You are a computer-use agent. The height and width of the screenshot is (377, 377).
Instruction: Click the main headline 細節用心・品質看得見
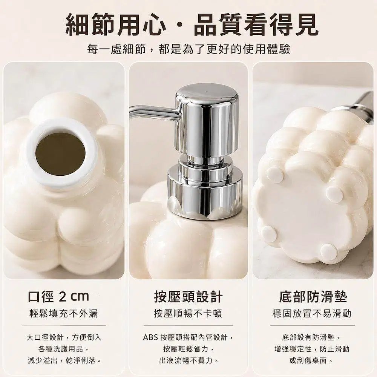[x=192, y=25]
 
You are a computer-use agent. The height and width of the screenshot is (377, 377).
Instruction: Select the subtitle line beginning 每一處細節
[x=188, y=49]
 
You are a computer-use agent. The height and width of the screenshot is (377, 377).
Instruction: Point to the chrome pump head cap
[x=207, y=121]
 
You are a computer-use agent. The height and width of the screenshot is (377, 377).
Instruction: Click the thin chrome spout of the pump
[x=154, y=111]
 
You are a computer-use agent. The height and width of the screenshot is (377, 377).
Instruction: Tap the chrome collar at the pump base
[x=204, y=192]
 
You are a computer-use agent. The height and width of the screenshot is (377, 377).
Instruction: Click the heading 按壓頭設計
[x=188, y=297]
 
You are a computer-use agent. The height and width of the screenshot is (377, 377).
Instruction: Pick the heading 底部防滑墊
[x=313, y=297]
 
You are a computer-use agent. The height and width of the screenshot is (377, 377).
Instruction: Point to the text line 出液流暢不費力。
[x=189, y=360]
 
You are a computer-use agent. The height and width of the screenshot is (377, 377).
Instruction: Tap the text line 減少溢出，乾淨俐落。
[x=64, y=360]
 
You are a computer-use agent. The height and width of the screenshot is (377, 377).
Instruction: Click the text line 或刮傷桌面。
[x=312, y=360]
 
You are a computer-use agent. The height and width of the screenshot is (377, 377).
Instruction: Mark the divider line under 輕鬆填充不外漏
[x=64, y=326]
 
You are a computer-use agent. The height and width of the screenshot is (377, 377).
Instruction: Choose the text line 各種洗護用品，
[x=64, y=349]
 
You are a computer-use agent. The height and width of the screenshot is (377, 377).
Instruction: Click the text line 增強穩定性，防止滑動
[x=312, y=349]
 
